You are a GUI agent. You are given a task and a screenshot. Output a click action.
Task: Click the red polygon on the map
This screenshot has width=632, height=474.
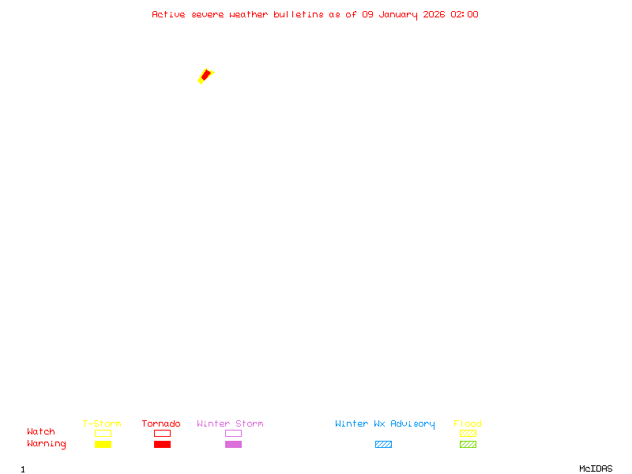point(206,75)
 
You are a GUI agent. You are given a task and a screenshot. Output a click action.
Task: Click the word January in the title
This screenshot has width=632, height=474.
point(398,15)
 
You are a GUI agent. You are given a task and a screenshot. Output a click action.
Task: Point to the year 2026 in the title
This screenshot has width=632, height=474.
point(434,14)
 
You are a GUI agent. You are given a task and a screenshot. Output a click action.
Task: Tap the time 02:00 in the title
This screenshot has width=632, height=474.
point(465,14)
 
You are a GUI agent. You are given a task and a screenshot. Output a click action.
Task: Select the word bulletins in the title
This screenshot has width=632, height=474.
point(299,14)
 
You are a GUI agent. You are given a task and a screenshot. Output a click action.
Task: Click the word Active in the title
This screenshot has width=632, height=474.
point(168,14)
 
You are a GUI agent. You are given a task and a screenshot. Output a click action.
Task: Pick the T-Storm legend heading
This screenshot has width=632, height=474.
point(102,423)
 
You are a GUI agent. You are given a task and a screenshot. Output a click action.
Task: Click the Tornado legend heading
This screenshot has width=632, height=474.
point(161,423)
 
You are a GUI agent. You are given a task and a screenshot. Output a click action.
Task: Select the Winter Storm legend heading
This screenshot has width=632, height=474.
point(230,423)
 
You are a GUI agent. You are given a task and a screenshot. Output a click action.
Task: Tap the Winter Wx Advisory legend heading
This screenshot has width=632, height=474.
point(385,424)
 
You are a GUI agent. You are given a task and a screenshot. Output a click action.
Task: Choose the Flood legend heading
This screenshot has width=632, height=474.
point(468,423)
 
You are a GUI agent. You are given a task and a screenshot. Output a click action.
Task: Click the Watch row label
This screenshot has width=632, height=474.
point(41,431)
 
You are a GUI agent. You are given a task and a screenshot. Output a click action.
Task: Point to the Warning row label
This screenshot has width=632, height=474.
point(47,444)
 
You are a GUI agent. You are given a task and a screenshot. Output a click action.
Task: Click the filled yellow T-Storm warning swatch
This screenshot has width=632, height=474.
point(103,444)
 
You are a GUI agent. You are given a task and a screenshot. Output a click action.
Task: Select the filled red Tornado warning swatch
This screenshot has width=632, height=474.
point(163,444)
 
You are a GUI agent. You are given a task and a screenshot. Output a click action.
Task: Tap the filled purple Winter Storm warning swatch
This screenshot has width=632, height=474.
point(233,444)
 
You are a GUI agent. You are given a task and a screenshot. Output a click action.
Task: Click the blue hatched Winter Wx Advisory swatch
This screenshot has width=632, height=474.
point(383,444)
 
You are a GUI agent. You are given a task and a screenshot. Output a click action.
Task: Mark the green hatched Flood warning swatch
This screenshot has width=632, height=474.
point(468,444)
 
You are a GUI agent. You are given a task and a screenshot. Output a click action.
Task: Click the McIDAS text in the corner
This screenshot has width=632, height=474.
point(596,468)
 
